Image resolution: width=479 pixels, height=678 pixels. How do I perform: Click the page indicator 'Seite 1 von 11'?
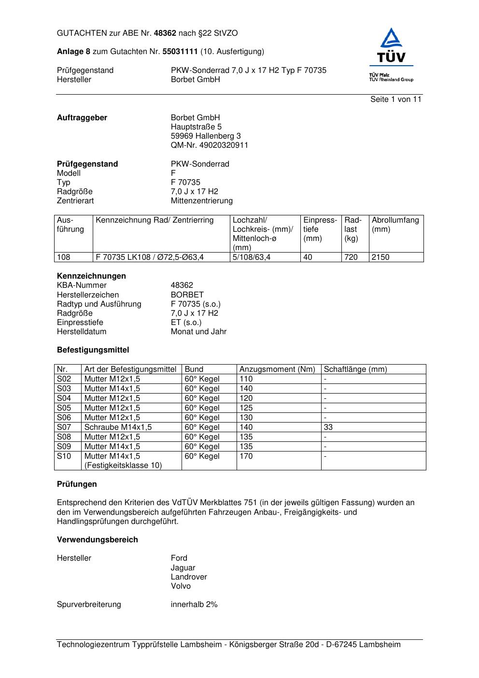395,99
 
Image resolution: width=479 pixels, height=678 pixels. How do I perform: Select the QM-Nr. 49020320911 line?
209,145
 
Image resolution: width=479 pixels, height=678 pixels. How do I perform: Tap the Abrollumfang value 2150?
380,257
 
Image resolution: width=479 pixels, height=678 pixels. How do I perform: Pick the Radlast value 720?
351,257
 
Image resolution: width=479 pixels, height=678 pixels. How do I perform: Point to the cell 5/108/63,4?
252,257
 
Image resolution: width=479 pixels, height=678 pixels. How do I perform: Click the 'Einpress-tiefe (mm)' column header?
320,229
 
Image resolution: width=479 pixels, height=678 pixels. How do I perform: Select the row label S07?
64,427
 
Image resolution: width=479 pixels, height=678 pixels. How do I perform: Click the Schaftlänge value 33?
328,427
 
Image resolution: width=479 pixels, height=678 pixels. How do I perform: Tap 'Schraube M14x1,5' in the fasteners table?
118,427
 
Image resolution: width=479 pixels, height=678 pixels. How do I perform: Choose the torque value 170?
246,456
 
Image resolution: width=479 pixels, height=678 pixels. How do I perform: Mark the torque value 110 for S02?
246,379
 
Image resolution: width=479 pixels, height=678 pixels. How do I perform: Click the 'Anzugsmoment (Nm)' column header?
277,369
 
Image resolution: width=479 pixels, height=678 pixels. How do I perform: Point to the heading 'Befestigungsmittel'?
93,350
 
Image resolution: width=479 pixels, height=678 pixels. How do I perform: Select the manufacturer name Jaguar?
183,568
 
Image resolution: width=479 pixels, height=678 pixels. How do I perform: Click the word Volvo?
181,586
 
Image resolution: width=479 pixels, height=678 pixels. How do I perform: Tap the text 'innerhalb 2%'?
194,605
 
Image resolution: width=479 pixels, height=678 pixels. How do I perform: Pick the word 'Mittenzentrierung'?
201,201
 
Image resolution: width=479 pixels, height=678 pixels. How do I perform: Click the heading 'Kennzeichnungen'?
91,276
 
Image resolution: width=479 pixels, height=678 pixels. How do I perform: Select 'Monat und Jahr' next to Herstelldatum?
198,332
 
